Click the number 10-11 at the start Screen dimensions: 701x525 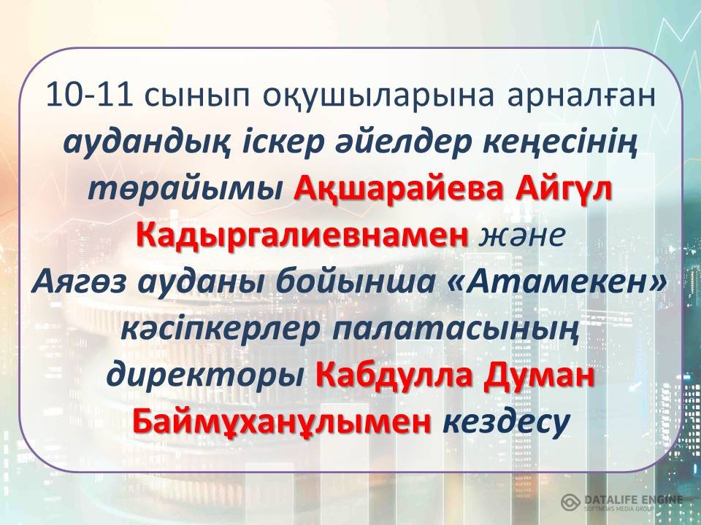click(89, 95)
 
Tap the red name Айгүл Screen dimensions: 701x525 click(563, 190)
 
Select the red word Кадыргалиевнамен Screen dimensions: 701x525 click(302, 236)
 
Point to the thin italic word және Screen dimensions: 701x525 click(521, 236)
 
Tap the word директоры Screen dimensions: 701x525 click(205, 376)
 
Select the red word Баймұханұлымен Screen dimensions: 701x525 click(282, 422)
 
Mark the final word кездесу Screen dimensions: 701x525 click(506, 423)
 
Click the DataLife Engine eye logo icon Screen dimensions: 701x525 click(570, 502)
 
